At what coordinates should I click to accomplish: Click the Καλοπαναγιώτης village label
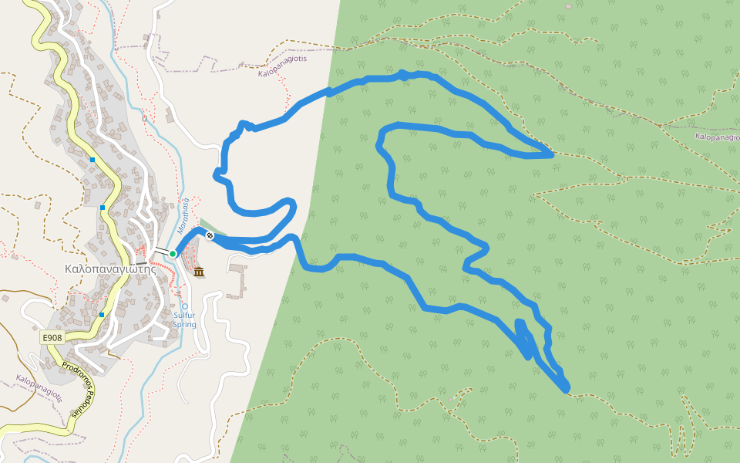coord(111,269)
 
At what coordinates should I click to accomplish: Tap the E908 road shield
coord(52,338)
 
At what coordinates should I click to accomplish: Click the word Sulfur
coord(184,316)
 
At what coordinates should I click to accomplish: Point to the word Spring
coord(184,325)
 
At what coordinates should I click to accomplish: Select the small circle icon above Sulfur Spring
coord(185,306)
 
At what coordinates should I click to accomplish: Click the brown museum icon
coord(200,272)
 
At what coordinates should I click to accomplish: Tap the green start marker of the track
coord(173,253)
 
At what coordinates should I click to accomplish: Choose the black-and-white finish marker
coord(209,235)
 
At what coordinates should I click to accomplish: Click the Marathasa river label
coord(183,215)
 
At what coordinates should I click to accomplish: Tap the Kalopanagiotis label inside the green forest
coord(716,137)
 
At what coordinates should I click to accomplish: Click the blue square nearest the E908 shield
coord(101,315)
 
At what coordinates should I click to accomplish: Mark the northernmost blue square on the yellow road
coord(92,160)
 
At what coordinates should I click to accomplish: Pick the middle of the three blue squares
coord(103,207)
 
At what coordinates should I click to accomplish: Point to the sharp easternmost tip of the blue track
coord(552,155)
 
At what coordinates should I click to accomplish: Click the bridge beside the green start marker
coord(161,251)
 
